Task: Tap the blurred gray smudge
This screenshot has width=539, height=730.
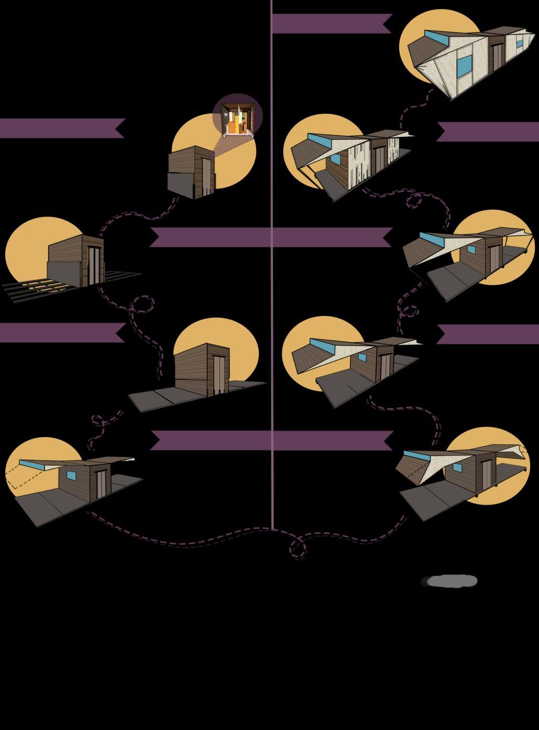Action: (450, 581)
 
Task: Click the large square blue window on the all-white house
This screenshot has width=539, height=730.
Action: (463, 67)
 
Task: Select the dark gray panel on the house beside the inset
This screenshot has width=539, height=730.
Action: (180, 182)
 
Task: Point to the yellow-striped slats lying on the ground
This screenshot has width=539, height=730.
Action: (37, 289)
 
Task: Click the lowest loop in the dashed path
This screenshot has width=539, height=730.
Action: (298, 549)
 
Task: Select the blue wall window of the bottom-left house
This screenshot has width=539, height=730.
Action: (71, 476)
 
